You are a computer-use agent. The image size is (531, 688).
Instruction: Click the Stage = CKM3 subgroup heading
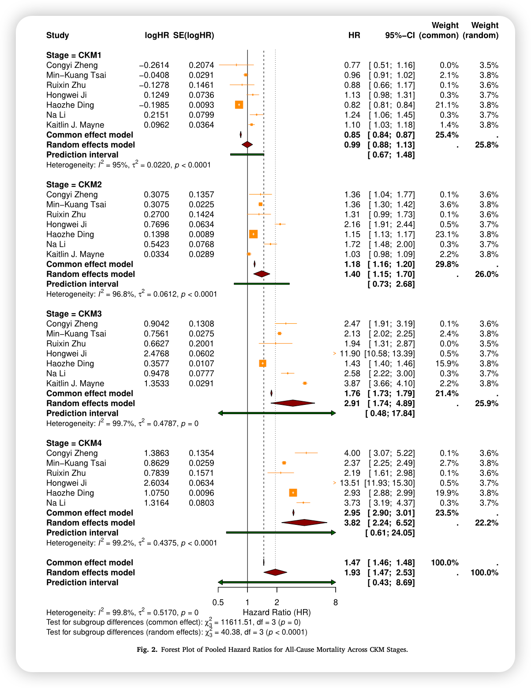(74, 314)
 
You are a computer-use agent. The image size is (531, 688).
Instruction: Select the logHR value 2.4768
(157, 354)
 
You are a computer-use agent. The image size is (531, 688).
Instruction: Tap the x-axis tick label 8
(336, 602)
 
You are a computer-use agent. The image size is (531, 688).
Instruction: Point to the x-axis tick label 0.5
(218, 602)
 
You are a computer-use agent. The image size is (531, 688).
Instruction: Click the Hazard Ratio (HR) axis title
(277, 613)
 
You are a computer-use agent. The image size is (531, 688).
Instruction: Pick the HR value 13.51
(350, 483)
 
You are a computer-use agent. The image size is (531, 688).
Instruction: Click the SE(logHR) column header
(194, 35)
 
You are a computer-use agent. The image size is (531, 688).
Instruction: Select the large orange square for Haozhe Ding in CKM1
(239, 105)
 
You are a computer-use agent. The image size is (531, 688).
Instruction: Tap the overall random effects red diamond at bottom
(275, 572)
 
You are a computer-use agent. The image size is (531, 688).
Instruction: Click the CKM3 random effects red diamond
(293, 403)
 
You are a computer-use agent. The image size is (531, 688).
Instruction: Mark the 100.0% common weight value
(445, 563)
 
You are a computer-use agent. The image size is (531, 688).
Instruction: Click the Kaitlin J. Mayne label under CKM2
(75, 254)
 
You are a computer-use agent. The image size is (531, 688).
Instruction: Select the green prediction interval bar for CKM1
(247, 154)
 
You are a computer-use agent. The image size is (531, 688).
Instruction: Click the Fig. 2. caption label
(147, 650)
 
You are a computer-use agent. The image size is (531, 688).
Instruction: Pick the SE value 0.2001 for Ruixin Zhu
(202, 344)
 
